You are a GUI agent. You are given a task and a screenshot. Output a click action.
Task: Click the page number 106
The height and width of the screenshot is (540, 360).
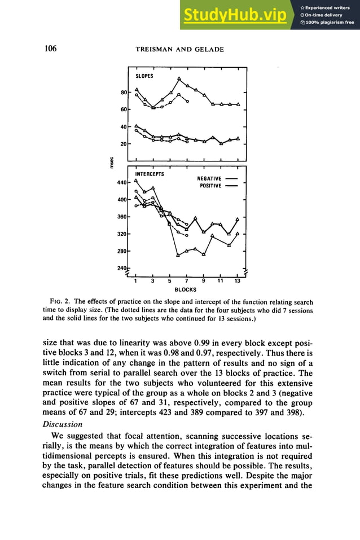click(x=50, y=49)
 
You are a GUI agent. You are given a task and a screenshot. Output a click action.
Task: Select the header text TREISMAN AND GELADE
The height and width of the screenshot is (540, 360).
click(x=179, y=50)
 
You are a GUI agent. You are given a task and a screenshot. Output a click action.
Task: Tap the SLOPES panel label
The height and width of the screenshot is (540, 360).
click(x=144, y=76)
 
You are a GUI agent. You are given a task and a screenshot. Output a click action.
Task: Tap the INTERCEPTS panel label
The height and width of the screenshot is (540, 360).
click(x=150, y=174)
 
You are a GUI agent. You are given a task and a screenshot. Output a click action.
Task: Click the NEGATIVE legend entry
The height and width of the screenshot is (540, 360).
click(x=209, y=178)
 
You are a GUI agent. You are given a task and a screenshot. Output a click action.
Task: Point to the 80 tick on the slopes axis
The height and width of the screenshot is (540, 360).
click(x=124, y=92)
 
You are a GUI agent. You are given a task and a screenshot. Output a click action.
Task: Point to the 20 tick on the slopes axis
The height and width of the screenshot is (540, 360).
click(x=124, y=144)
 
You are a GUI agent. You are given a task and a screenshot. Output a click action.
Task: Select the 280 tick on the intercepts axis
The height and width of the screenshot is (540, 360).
click(x=122, y=251)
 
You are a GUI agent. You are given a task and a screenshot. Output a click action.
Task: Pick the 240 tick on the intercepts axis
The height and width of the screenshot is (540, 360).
click(x=122, y=268)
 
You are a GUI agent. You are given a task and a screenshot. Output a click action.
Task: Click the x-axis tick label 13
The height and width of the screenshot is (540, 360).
click(x=237, y=280)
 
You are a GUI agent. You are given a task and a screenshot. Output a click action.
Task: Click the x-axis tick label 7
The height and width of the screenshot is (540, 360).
click(x=186, y=280)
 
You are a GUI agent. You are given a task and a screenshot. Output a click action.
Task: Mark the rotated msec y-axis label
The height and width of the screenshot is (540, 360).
click(x=111, y=162)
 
